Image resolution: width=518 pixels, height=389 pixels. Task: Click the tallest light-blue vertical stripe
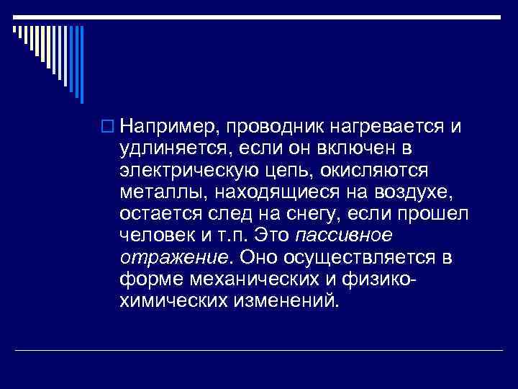81,65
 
